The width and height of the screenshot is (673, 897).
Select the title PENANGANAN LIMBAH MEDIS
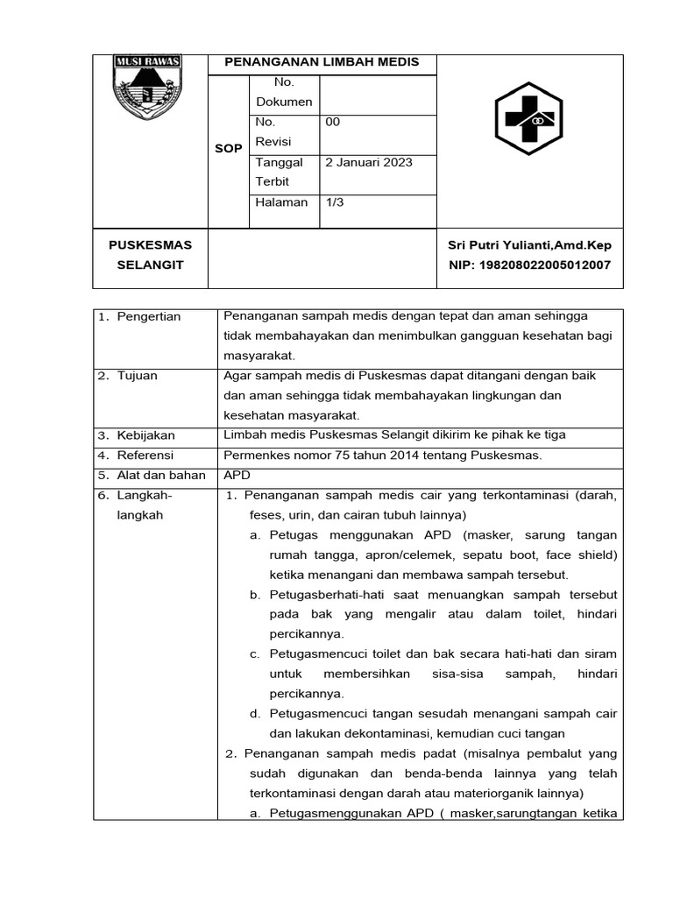point(322,62)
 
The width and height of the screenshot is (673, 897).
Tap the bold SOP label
point(228,149)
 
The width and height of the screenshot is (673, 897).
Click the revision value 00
point(332,122)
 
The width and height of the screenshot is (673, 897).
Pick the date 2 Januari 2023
point(368,162)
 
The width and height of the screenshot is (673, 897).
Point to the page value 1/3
point(335,202)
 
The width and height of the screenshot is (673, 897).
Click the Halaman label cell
point(280,202)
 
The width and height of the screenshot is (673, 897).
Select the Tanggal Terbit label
point(279,172)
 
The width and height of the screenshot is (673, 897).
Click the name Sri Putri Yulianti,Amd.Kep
point(529,245)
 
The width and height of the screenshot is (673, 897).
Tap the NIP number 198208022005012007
point(529,265)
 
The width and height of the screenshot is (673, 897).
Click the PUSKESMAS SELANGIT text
point(150,255)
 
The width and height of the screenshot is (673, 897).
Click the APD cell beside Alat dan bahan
point(237,476)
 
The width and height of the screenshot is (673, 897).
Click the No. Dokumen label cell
point(283,92)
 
